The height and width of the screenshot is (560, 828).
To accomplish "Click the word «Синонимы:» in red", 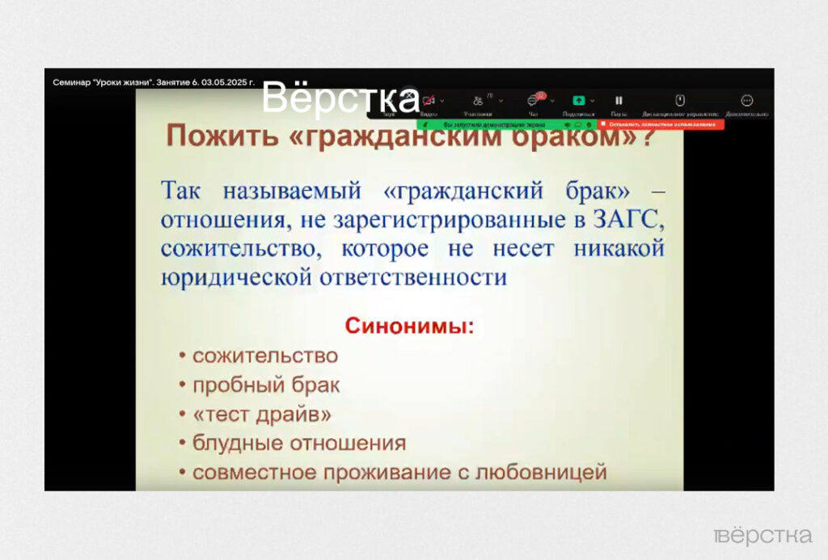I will click(x=410, y=327).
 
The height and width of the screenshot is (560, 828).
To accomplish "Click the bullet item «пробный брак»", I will click(x=266, y=385).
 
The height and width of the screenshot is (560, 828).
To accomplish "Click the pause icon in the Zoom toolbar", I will click(x=619, y=100).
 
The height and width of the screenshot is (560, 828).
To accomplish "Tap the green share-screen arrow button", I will click(x=579, y=100).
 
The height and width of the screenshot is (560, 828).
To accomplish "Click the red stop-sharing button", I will click(x=662, y=125).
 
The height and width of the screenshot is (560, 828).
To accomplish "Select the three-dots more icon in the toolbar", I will click(x=747, y=100).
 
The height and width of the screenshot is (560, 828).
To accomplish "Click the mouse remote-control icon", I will click(x=680, y=100).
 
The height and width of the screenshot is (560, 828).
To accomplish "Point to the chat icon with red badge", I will click(x=534, y=100).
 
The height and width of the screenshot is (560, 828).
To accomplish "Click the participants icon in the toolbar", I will click(x=478, y=100).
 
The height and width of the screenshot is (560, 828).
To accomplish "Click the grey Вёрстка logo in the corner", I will click(x=763, y=535).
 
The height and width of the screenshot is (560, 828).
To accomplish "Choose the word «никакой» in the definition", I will click(x=619, y=248).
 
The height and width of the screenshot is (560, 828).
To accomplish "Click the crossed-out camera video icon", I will click(x=428, y=100).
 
